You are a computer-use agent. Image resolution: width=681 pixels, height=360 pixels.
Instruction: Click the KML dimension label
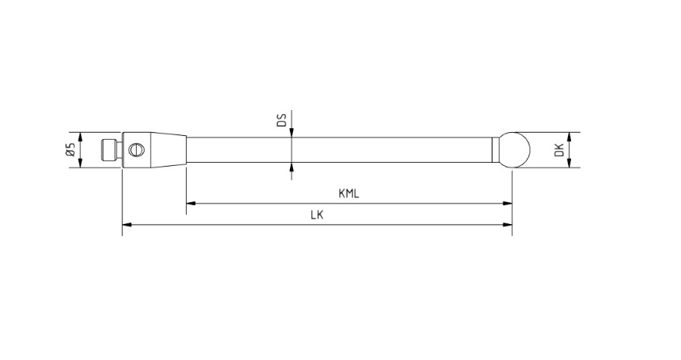[349, 193]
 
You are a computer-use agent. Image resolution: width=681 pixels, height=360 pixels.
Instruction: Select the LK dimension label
[317, 215]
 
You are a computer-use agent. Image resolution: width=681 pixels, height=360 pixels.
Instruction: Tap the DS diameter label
[281, 120]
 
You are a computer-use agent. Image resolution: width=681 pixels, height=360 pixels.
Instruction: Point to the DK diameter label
[559, 150]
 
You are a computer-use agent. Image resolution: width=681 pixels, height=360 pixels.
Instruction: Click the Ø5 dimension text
[71, 149]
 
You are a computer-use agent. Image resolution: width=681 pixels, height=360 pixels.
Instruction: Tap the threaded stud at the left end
[111, 150]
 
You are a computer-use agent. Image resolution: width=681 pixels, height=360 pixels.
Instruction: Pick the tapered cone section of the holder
[168, 150]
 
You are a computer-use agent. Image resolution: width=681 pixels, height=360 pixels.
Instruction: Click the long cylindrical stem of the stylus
[339, 150]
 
